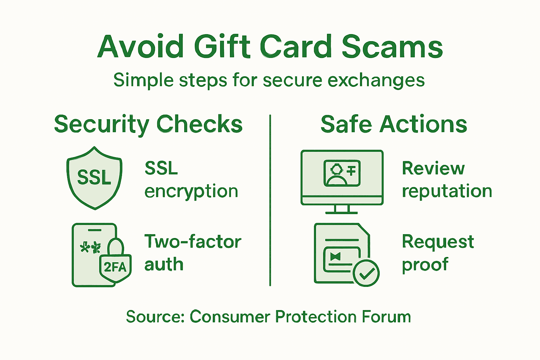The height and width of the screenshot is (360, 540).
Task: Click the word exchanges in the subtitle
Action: (376, 81)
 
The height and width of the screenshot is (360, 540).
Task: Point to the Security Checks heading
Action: (148, 124)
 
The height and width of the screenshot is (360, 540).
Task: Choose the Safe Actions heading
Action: (394, 124)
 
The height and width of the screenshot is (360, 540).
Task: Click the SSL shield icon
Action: (94, 178)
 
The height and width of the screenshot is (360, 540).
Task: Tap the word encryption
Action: (191, 192)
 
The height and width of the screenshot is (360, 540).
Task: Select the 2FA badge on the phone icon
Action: (115, 267)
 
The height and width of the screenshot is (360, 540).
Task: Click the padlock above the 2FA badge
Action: (116, 246)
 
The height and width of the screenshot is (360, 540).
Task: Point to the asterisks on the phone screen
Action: (90, 248)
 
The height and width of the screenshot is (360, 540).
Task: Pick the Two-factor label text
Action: (193, 242)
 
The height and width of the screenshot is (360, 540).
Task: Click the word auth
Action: (164, 264)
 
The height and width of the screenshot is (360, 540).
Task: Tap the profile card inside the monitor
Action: (342, 173)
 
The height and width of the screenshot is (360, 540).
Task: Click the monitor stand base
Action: (341, 212)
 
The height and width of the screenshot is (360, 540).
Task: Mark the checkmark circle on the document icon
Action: (366, 273)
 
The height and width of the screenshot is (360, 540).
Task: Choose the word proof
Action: (425, 265)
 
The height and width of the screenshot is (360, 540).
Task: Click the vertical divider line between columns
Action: (270, 200)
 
